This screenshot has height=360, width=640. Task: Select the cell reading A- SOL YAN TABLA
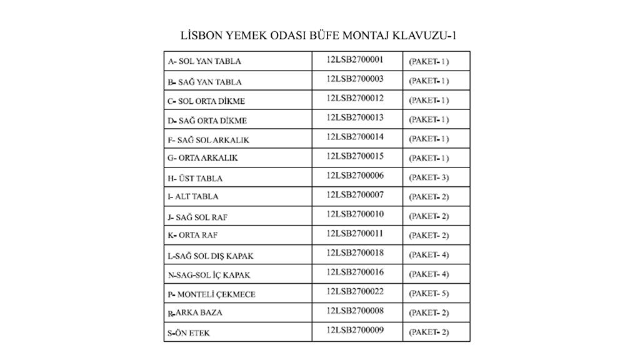[204, 61]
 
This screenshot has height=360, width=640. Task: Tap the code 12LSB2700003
[354, 79]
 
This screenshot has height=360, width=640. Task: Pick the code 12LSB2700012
[354, 98]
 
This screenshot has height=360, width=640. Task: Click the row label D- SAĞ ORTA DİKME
[207, 120]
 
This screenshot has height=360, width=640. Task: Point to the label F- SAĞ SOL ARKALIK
[208, 139]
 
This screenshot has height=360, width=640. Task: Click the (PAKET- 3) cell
[429, 177]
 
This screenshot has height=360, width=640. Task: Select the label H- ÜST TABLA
[195, 178]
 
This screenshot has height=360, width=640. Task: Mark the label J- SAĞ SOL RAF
[197, 217]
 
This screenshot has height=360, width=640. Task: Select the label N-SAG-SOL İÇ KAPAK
[209, 274]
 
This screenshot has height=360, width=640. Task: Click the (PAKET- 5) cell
[429, 293]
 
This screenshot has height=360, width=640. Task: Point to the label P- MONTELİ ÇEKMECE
[211, 294]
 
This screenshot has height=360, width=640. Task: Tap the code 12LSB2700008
[354, 311]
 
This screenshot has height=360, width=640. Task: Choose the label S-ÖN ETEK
[189, 333]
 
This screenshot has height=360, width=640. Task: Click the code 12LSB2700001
[354, 60]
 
